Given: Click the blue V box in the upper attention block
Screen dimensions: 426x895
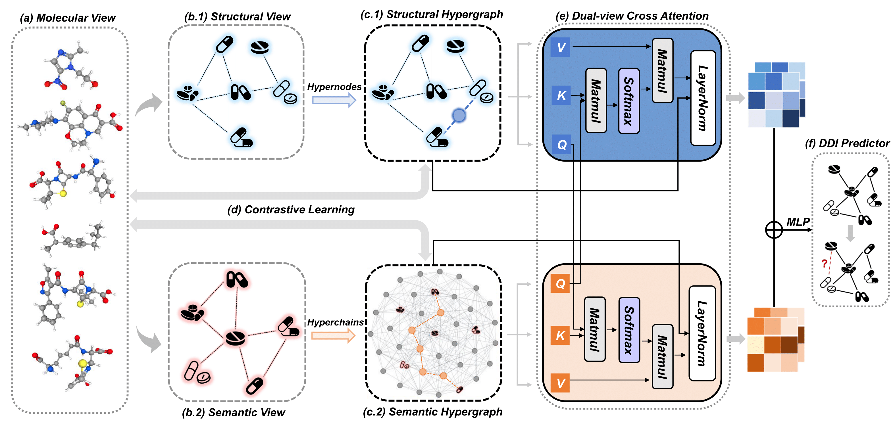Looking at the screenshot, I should point(560,47).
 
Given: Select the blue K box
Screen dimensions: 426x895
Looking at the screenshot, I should point(560,95).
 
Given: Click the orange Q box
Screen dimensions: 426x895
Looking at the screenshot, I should point(560,284).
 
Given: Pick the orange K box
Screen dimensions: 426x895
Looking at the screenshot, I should point(560,335).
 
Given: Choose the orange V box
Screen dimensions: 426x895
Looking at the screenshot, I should point(560,383).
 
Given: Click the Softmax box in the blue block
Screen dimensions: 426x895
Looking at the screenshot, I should point(629,101).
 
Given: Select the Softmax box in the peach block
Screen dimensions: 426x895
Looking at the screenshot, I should point(629,329).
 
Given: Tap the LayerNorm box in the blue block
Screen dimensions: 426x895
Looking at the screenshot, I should point(703,98).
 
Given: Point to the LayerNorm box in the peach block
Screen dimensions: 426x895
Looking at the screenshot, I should point(702,333).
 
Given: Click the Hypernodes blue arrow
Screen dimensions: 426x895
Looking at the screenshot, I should point(334,100).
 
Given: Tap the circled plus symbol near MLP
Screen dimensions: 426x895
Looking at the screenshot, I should point(774,229).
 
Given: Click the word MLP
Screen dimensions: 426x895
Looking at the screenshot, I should point(798,222).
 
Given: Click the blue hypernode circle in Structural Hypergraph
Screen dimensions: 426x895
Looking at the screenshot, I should point(459,115).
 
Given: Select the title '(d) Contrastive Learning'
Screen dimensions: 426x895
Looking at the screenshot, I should point(291,210).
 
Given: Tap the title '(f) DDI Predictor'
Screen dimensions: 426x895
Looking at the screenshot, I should point(847,143).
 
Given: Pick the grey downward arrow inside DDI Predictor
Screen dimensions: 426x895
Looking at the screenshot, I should point(850,233).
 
